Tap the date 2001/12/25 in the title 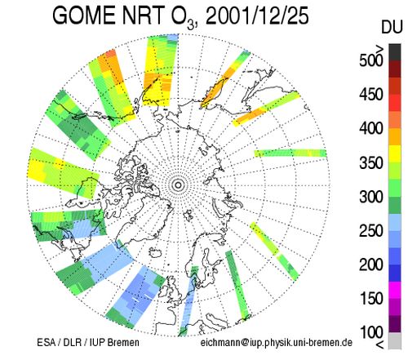[x=257, y=16]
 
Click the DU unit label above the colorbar [x=392, y=27]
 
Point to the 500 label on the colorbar [x=371, y=60]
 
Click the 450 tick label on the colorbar [x=371, y=95]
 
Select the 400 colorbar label [x=371, y=128]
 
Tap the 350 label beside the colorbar [x=371, y=162]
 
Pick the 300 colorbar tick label [x=371, y=197]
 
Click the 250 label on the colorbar [x=371, y=231]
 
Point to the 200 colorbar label [x=371, y=264]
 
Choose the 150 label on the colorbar [x=371, y=299]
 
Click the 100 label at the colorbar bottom [x=371, y=332]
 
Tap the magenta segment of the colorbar [x=395, y=290]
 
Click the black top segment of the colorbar [x=395, y=52]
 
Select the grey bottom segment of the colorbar [x=395, y=340]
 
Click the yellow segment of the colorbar [x=395, y=154]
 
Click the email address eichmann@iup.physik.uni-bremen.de [x=277, y=342]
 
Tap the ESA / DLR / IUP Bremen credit [x=88, y=342]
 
